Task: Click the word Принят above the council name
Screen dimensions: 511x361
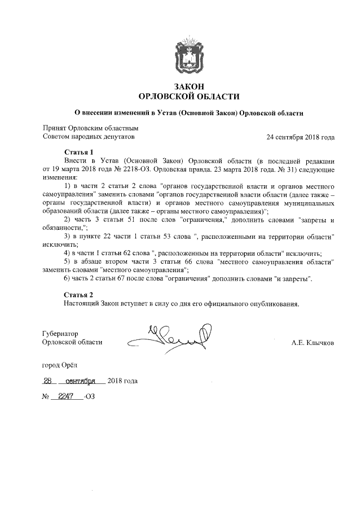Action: click(55, 128)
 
